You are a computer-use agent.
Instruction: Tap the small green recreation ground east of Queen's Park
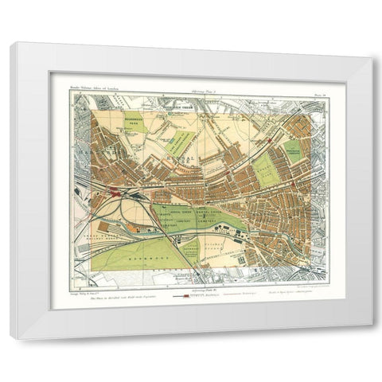[293, 151]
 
